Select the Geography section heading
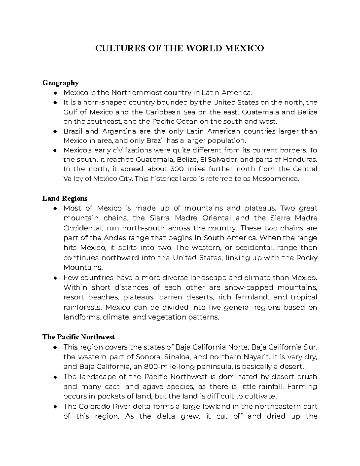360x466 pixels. coord(60,83)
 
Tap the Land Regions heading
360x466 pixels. coord(65,198)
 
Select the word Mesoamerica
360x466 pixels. coord(276,179)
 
